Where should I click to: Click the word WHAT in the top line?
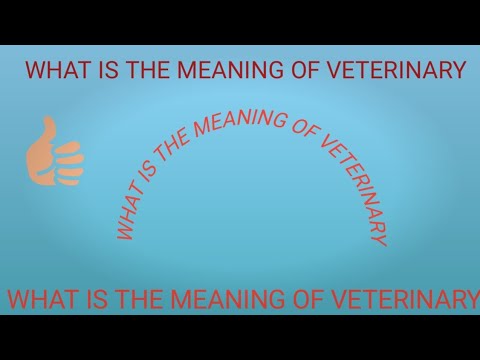pos(54,70)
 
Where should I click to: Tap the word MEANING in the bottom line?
pos(210,298)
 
